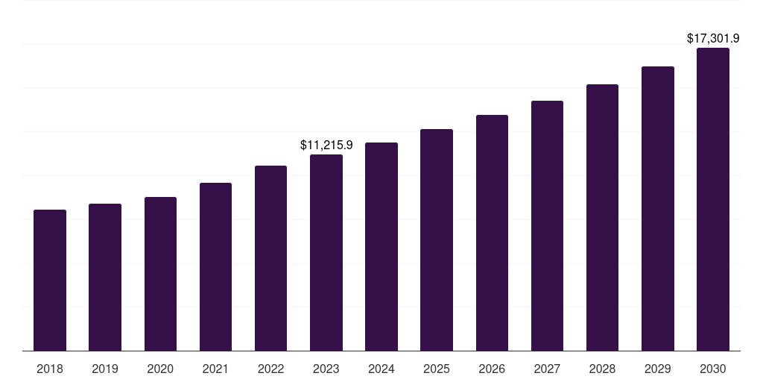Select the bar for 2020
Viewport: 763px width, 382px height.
tap(160, 274)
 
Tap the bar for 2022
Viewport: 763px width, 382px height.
tap(270, 258)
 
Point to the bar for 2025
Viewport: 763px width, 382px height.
tap(437, 239)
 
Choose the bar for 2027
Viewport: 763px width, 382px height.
tap(547, 225)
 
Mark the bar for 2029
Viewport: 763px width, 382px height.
tap(658, 208)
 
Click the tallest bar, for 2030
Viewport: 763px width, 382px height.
tap(713, 199)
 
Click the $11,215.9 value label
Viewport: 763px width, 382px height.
tap(326, 145)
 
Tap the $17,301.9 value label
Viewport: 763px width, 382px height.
tap(713, 38)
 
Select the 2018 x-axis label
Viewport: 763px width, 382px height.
tap(50, 369)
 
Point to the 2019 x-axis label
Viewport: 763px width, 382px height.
tap(105, 369)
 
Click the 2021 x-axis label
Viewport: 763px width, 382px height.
tap(215, 369)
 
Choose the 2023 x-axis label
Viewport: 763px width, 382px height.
tap(326, 369)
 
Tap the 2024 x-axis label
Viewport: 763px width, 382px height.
tap(381, 369)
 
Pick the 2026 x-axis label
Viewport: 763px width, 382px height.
tap(492, 369)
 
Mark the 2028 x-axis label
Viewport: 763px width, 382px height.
tap(602, 369)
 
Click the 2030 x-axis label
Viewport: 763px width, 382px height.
tap(713, 369)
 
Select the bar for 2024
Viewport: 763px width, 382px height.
tap(381, 246)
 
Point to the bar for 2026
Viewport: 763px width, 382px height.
tap(492, 233)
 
